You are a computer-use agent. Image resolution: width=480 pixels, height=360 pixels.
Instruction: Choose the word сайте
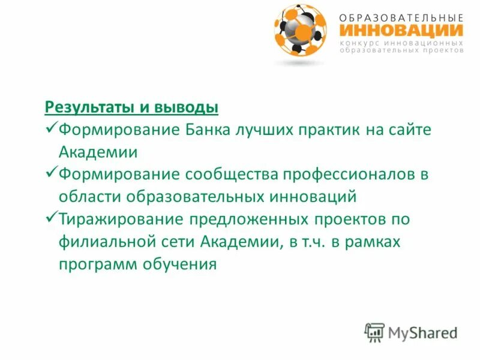coord(408,130)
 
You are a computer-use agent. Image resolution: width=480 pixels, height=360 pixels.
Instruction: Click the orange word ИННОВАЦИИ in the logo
coord(400,30)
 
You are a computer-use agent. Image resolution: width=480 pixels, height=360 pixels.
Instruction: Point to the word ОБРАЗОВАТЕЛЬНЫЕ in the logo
coord(400,17)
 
